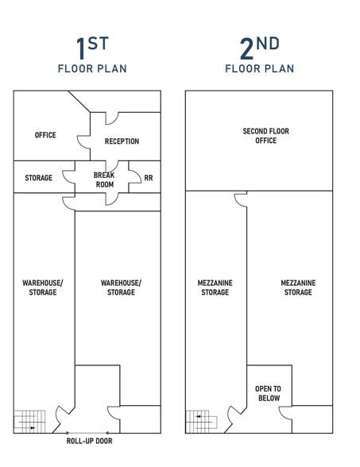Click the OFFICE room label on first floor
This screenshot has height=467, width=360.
tap(45, 135)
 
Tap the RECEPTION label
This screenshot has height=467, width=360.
tap(122, 141)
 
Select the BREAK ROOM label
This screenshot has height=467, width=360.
tap(104, 179)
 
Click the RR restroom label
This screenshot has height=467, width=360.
tap(148, 178)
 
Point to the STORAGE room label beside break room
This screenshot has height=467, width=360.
tap(38, 178)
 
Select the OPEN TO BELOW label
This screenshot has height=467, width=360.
tap(268, 393)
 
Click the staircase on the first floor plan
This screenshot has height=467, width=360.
tap(26, 420)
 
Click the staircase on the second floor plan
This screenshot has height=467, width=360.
tap(198, 420)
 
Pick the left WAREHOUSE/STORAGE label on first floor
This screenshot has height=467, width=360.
tap(42, 288)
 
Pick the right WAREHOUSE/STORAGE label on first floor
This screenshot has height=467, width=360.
tap(121, 288)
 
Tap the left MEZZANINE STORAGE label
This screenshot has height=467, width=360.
tap(215, 288)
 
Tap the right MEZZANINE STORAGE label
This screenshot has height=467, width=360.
tap(298, 288)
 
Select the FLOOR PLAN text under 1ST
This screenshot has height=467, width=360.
tap(91, 69)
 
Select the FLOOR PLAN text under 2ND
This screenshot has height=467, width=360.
tap(259, 69)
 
